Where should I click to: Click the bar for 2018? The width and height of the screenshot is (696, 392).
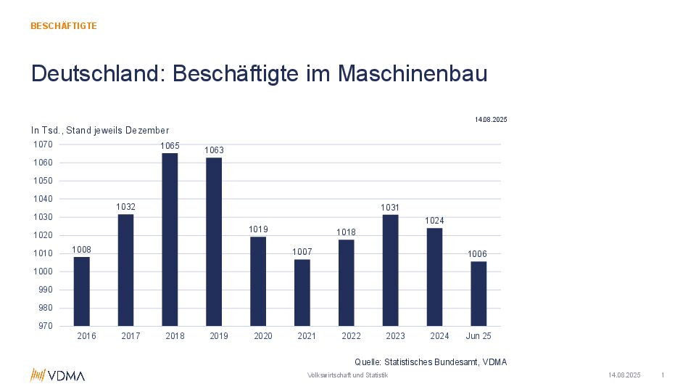pos(170,240)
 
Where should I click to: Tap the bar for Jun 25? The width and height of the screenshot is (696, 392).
pos(478,293)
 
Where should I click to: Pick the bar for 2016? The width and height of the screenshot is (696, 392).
pos(82,291)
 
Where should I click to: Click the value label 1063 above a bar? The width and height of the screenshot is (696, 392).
pos(214,150)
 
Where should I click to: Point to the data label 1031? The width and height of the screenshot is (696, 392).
pos(391,208)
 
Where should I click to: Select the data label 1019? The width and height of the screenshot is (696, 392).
pos(258,229)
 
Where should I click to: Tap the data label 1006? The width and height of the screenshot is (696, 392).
pos(477,254)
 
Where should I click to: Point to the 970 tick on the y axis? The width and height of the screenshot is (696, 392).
pos(45,326)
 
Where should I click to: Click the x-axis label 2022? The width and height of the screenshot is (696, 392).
pos(351,336)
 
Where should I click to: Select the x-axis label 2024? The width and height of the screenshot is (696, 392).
pos(439,336)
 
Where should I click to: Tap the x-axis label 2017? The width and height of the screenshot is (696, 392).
pos(130,336)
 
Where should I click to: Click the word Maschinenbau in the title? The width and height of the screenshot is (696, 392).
pos(413,74)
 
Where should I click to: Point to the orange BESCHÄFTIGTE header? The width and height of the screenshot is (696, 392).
pos(64,26)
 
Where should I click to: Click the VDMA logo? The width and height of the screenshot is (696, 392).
pos(57,375)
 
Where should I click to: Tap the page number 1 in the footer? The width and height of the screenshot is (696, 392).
pos(663,375)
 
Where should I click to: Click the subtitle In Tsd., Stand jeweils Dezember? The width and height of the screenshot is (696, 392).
pos(100,130)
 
